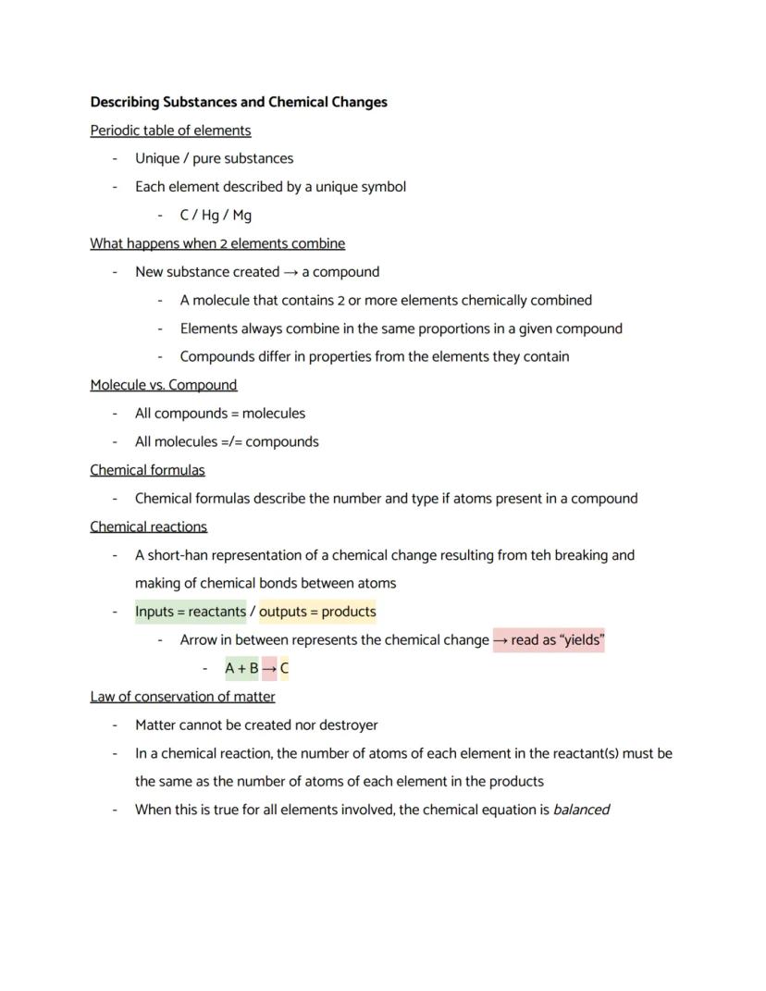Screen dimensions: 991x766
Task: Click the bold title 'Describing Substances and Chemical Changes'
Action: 239,102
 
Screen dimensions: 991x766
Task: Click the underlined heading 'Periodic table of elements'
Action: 170,130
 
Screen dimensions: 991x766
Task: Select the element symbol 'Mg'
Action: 241,216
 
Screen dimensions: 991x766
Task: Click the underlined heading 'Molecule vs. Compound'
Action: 163,385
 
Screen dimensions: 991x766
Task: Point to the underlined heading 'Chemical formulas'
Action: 147,470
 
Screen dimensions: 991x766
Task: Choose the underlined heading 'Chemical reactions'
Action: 148,526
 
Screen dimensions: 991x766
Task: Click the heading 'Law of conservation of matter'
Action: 182,697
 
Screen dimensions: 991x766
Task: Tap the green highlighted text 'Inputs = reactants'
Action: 191,612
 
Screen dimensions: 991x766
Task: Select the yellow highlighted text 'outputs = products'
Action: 317,612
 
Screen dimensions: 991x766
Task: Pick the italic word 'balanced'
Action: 581,810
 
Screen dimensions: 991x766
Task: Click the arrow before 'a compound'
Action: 290,272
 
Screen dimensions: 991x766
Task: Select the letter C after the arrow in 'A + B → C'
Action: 284,668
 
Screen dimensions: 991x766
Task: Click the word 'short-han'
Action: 179,555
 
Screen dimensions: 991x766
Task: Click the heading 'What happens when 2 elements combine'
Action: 217,243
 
